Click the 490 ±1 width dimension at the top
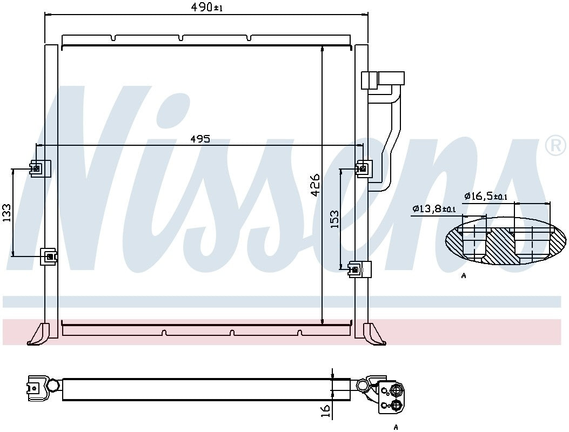(x=206, y=8)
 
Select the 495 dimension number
(x=200, y=138)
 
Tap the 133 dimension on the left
(x=7, y=212)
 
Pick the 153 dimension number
(x=334, y=219)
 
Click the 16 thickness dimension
(x=325, y=411)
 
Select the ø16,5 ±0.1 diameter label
(x=486, y=197)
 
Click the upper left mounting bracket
(x=40, y=169)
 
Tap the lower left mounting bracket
(x=49, y=256)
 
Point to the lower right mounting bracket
(x=360, y=269)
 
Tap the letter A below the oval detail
(x=464, y=276)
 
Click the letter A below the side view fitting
(x=396, y=427)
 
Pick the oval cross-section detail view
(x=506, y=241)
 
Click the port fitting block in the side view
(x=391, y=397)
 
